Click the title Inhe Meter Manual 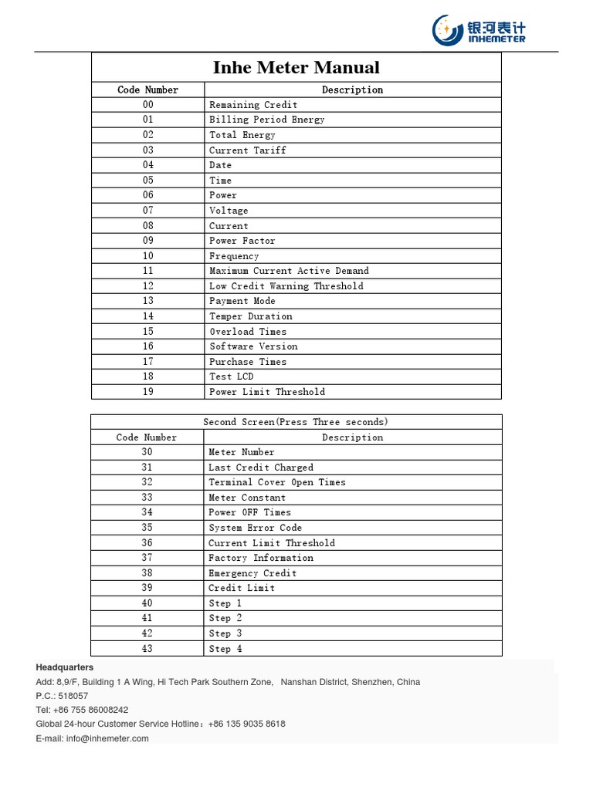pos(296,68)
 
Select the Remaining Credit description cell pos(253,105)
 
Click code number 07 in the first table pos(147,211)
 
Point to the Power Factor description pos(242,241)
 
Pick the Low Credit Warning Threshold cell pos(286,286)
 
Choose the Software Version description pos(253,346)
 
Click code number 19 pos(147,392)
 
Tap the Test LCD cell pos(231,376)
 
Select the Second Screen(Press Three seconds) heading pos(296,422)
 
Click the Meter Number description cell pos(241,452)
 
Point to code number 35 pos(147,528)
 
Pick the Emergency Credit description pos(252,573)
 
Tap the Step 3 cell pos(225,633)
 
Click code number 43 pos(147,649)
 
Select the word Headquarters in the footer pos(65,667)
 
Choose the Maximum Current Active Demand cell pos(289,271)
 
